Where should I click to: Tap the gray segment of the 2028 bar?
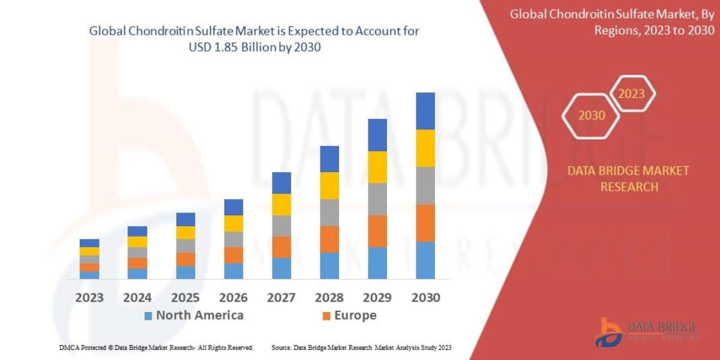(x=329, y=212)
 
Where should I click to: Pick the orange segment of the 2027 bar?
(x=281, y=247)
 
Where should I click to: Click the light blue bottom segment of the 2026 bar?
(x=233, y=271)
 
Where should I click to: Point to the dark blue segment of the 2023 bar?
(x=89, y=243)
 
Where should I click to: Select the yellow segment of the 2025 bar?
(x=185, y=233)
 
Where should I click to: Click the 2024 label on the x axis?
(x=137, y=298)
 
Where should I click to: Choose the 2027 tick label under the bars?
(x=281, y=298)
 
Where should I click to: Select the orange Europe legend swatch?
(x=326, y=316)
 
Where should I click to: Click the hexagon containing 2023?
(x=631, y=94)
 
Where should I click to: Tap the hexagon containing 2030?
(x=591, y=115)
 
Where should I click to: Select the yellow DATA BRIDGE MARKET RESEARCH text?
(x=628, y=179)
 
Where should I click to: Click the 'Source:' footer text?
(x=281, y=347)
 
